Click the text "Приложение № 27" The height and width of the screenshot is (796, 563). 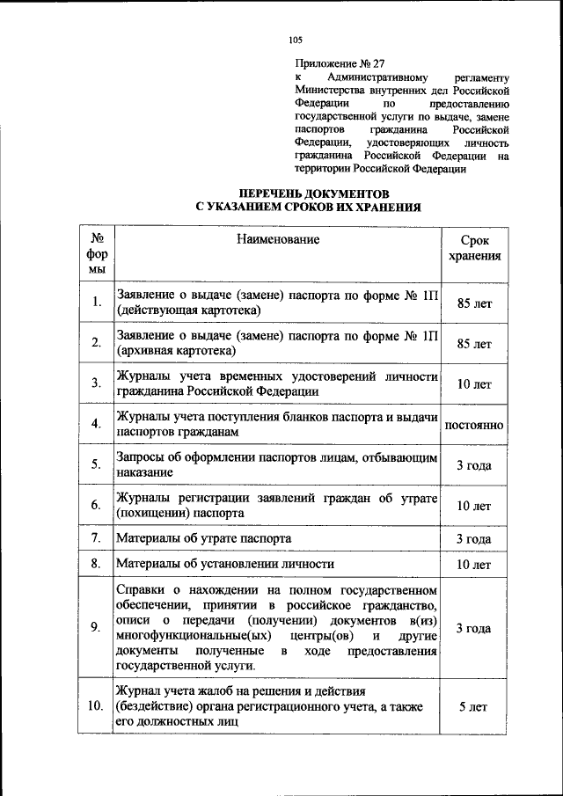click(338, 62)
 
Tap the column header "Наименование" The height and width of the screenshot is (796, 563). click(277, 239)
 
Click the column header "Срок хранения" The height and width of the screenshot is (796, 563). click(474, 248)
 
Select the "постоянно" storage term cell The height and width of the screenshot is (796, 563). click(474, 425)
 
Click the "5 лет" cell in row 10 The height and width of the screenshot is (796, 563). click(474, 706)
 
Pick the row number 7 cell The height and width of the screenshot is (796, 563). click(95, 537)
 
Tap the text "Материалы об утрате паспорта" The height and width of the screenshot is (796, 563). click(203, 537)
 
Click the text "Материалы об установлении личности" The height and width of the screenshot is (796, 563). click(225, 564)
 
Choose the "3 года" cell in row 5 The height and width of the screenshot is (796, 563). click(474, 464)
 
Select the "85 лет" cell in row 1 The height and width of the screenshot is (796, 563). click(474, 303)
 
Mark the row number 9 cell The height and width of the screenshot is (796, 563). click(95, 627)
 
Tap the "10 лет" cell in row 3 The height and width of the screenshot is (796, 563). click(474, 384)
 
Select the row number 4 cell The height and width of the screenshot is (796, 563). click(95, 425)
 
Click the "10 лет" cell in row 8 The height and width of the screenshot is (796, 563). click(474, 564)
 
